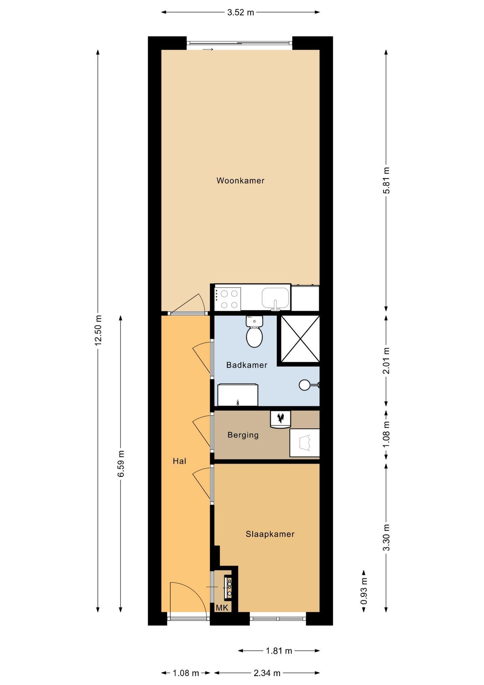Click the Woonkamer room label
coord(241,181)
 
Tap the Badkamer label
coord(247,365)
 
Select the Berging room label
coord(243,435)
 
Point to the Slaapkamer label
coord(270,534)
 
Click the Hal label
coord(180,461)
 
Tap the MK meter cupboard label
coord(222,608)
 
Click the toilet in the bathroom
coord(254,331)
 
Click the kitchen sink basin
coord(275,298)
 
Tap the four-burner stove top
coord(228,299)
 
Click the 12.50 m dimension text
coord(98,330)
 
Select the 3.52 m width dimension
coord(241,12)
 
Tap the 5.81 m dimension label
coord(386,180)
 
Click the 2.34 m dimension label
coord(267,673)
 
